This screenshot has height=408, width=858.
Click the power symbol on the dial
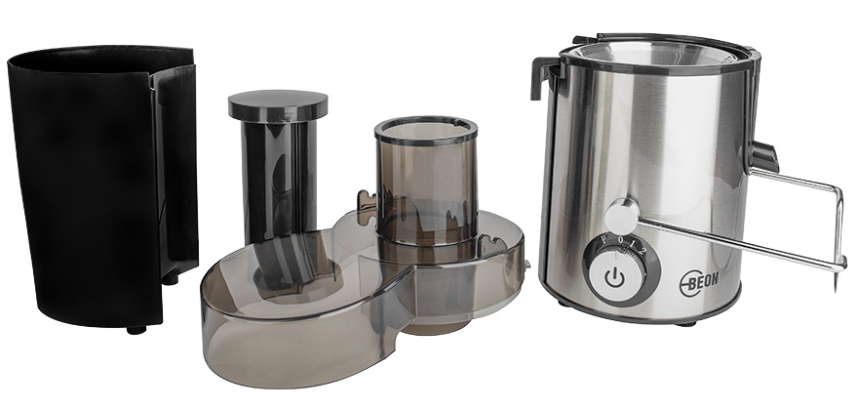614,278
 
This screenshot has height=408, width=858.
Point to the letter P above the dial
604,239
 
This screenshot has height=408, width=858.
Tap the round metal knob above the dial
622,217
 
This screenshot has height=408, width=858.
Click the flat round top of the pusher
278,104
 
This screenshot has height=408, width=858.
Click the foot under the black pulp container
136,330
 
